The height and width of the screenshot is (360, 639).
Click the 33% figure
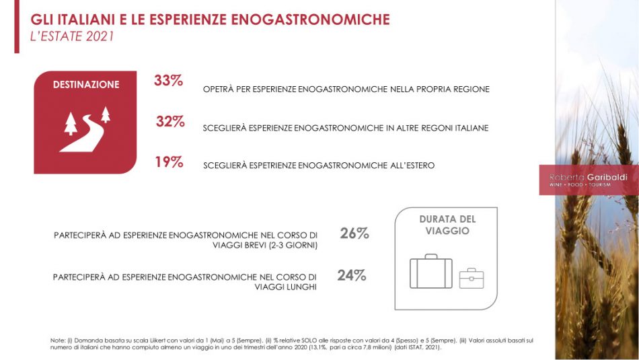(x=168, y=81)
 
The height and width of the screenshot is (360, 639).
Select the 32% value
(x=170, y=122)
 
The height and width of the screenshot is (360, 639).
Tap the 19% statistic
(x=169, y=162)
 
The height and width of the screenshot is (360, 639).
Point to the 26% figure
(x=354, y=234)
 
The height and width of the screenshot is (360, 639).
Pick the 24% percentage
(x=352, y=275)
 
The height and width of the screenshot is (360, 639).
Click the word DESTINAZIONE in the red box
(x=86, y=85)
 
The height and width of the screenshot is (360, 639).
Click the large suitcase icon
(x=431, y=271)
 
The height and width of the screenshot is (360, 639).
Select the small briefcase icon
(x=472, y=278)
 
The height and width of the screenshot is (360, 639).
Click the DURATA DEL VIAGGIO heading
(x=447, y=225)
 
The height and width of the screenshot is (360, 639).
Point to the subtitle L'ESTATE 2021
(x=72, y=37)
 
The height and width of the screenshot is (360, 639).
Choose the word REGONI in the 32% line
(x=428, y=128)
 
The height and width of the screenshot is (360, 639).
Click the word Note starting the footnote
(x=58, y=340)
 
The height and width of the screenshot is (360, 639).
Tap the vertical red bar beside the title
(x=16, y=26)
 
